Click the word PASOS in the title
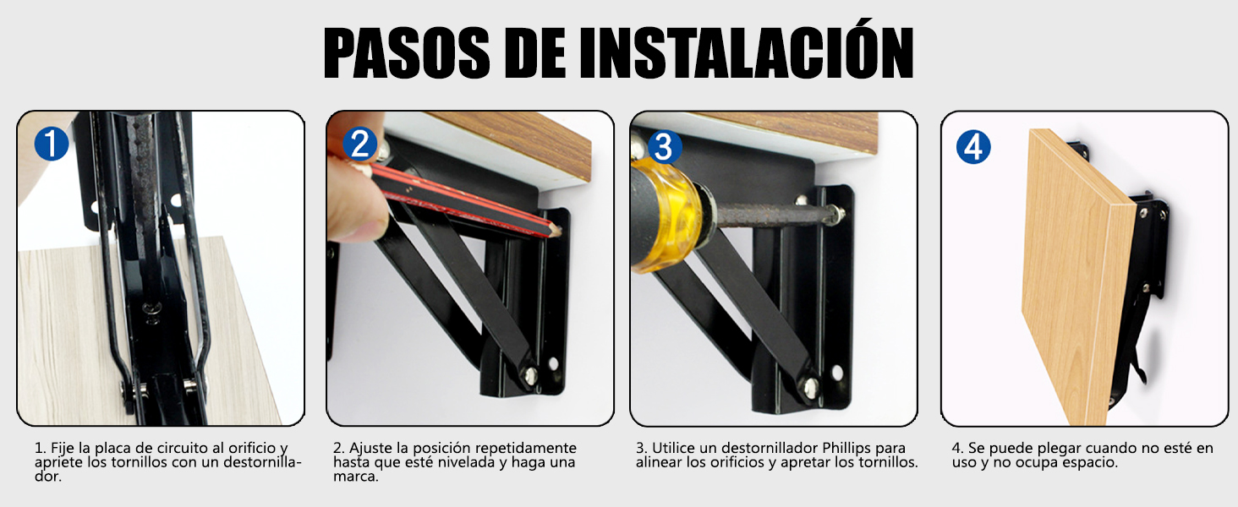pos(406,52)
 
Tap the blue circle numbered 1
pos(52,144)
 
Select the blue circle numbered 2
pos(359,144)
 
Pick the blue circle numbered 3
pos(663,146)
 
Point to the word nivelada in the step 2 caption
pos(466,462)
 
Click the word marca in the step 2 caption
pos(355,477)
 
